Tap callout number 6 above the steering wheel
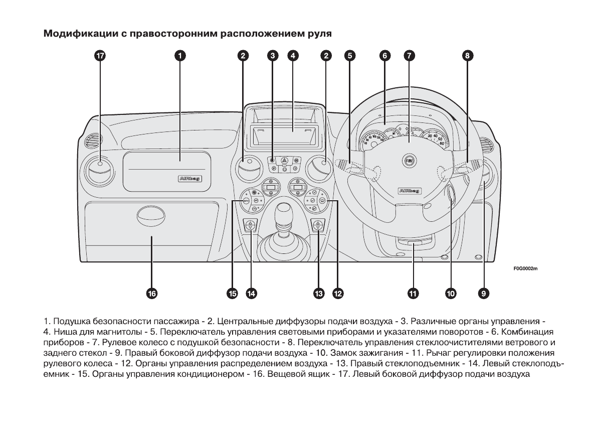384,56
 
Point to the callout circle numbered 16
151,294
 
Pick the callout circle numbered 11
413,294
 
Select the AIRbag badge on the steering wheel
408,191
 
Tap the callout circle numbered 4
293,56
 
